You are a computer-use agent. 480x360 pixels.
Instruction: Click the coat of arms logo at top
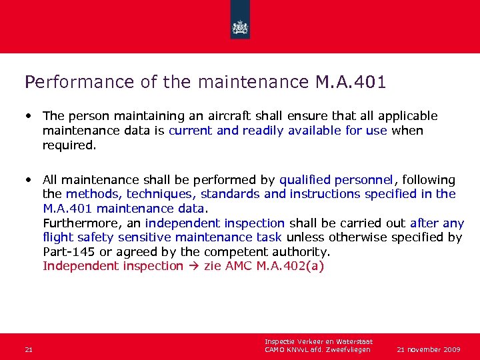[x=240, y=27]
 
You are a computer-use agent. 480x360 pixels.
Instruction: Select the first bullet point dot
[x=29, y=116]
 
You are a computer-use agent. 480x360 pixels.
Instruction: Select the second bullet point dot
[x=29, y=180]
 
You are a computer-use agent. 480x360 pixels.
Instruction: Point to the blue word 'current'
[x=190, y=131]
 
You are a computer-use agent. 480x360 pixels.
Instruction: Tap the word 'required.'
[x=69, y=145]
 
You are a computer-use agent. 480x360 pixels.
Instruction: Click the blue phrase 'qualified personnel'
[x=337, y=180]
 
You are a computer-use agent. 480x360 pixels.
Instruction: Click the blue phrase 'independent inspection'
[x=215, y=223]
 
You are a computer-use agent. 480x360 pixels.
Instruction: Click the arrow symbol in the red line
[x=192, y=266]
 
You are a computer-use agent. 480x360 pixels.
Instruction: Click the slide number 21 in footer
[x=28, y=349]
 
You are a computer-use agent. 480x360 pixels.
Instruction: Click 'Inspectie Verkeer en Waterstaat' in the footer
[x=318, y=342]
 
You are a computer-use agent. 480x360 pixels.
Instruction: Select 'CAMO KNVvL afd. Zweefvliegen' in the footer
[x=317, y=349]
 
